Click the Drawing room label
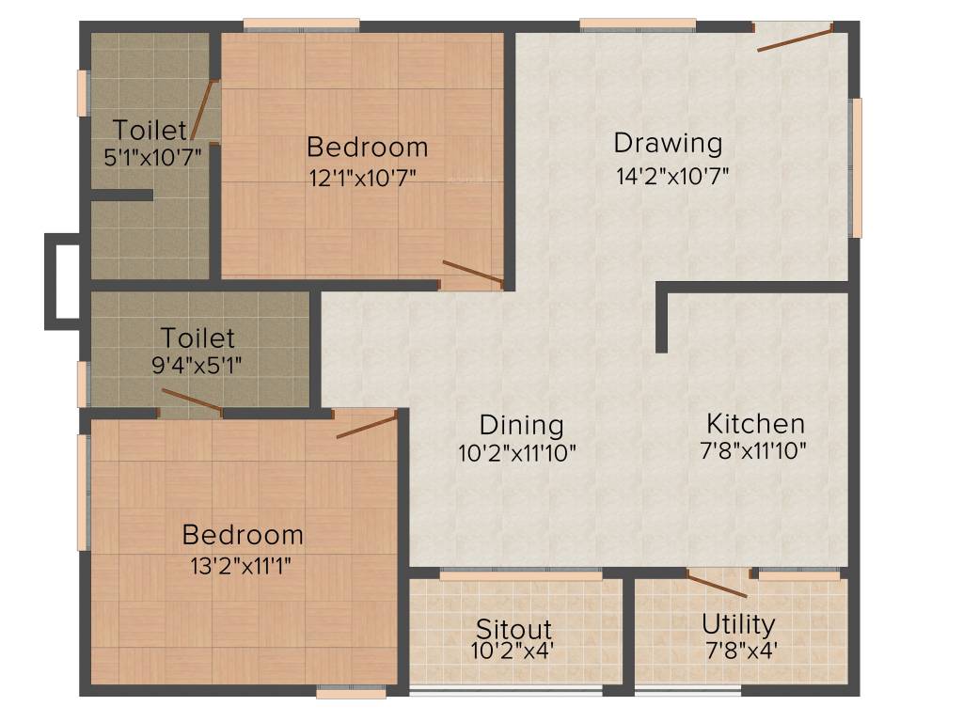(x=668, y=144)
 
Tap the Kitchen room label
(x=755, y=423)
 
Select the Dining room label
(x=521, y=425)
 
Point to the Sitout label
(x=513, y=628)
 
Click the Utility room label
(x=738, y=624)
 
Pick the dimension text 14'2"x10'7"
(x=671, y=174)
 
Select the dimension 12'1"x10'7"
(x=368, y=176)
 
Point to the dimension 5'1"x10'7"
(x=152, y=157)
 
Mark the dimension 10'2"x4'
(x=513, y=649)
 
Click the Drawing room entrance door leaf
(x=795, y=39)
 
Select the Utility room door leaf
(x=717, y=585)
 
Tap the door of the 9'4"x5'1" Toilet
(x=192, y=400)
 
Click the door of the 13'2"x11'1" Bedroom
(x=367, y=424)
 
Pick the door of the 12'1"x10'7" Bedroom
(x=473, y=273)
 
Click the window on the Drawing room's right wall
(x=856, y=167)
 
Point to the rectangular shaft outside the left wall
(x=62, y=281)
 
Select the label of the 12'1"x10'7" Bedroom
(x=368, y=148)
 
